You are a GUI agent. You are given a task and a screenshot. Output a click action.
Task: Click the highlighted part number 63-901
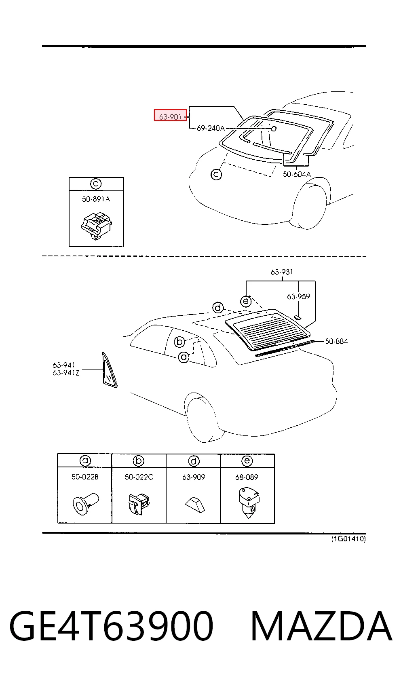(170, 116)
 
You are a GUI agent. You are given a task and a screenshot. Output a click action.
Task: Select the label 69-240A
(211, 128)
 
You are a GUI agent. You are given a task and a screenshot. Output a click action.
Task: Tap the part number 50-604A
(297, 174)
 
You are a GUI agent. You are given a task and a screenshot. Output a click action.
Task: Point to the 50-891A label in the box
(96, 199)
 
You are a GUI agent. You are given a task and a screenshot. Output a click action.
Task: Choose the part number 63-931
(282, 272)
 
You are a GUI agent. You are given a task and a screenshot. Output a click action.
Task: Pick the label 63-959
(298, 296)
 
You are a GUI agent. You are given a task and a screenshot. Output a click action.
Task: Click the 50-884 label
(336, 341)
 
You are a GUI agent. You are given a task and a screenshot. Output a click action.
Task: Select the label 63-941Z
(66, 372)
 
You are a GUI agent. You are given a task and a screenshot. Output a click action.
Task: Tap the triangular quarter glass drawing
(109, 370)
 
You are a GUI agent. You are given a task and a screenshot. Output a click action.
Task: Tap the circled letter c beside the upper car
(216, 174)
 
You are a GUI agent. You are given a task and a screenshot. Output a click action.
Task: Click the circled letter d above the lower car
(217, 308)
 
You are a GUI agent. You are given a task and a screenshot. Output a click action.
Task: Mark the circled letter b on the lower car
(179, 342)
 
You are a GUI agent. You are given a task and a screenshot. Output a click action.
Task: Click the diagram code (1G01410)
(348, 539)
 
